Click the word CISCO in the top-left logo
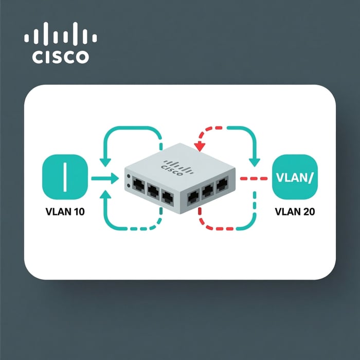pos(60,57)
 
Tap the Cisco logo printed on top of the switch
pos(171,168)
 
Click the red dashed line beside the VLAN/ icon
pos(255,179)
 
